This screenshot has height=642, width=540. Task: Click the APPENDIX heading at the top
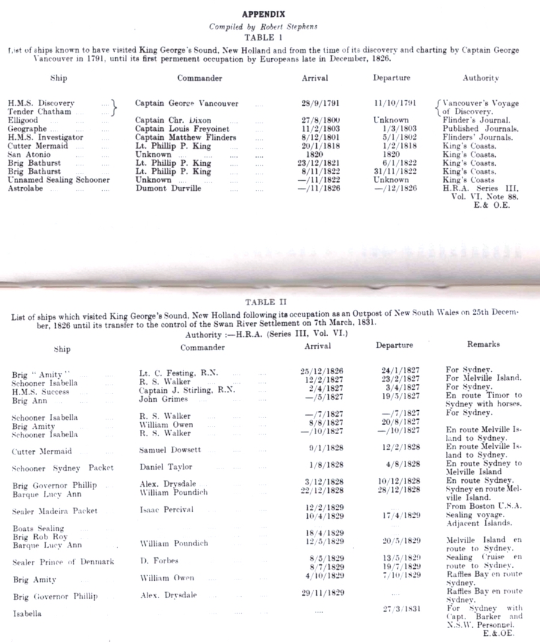pyautogui.click(x=263, y=14)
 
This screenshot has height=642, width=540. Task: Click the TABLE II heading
pyautogui.click(x=269, y=302)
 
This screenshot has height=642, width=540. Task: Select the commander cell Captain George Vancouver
pyautogui.click(x=187, y=103)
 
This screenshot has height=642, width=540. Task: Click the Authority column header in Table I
pyautogui.click(x=480, y=78)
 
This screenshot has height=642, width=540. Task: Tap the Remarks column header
pyautogui.click(x=483, y=345)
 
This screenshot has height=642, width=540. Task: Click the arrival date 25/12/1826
pyautogui.click(x=323, y=371)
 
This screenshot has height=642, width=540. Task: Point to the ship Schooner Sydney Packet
pyautogui.click(x=62, y=468)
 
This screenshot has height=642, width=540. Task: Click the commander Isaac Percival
pyautogui.click(x=167, y=510)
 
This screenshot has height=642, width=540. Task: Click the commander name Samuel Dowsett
pyautogui.click(x=170, y=450)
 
